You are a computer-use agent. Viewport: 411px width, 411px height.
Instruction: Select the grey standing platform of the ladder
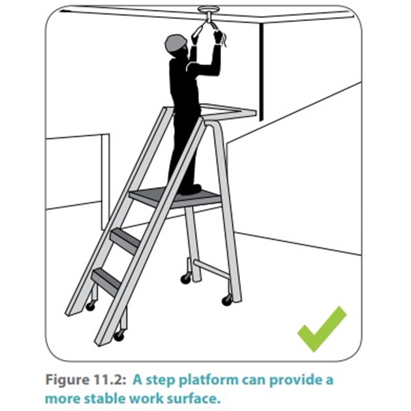click(x=175, y=197)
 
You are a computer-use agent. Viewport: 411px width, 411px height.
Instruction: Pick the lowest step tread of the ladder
click(x=107, y=278)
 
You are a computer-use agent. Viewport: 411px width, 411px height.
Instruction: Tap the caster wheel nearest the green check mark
click(x=227, y=300)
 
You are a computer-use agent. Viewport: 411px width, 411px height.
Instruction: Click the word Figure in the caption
click(x=67, y=380)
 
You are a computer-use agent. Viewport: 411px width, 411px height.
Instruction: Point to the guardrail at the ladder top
click(x=228, y=111)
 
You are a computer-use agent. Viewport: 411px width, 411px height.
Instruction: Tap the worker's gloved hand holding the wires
click(x=217, y=36)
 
